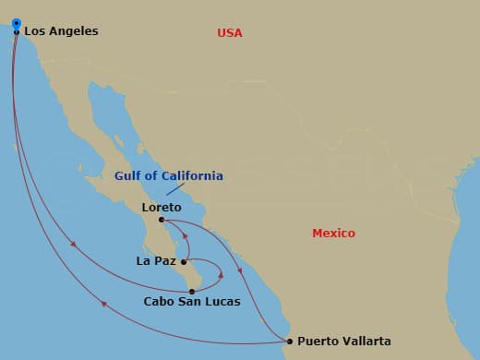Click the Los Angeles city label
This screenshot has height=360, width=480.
(61, 31)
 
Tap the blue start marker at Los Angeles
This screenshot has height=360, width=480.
(17, 23)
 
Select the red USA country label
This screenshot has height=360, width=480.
(230, 33)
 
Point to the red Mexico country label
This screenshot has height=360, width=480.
(333, 234)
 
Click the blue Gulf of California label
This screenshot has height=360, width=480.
(168, 175)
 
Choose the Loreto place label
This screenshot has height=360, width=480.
(162, 208)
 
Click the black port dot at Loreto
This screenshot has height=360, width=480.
(162, 220)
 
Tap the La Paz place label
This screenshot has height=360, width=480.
(155, 261)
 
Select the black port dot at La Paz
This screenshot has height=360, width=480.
(184, 262)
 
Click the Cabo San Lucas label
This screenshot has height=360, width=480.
(192, 302)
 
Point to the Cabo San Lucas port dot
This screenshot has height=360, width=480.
(192, 291)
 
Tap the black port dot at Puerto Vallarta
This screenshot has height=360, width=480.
(289, 342)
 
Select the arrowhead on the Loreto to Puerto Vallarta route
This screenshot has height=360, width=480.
(240, 270)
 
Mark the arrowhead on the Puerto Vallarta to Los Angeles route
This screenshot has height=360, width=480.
(103, 304)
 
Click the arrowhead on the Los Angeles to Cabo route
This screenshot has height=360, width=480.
(73, 244)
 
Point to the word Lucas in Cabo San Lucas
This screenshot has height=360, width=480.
(222, 302)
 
